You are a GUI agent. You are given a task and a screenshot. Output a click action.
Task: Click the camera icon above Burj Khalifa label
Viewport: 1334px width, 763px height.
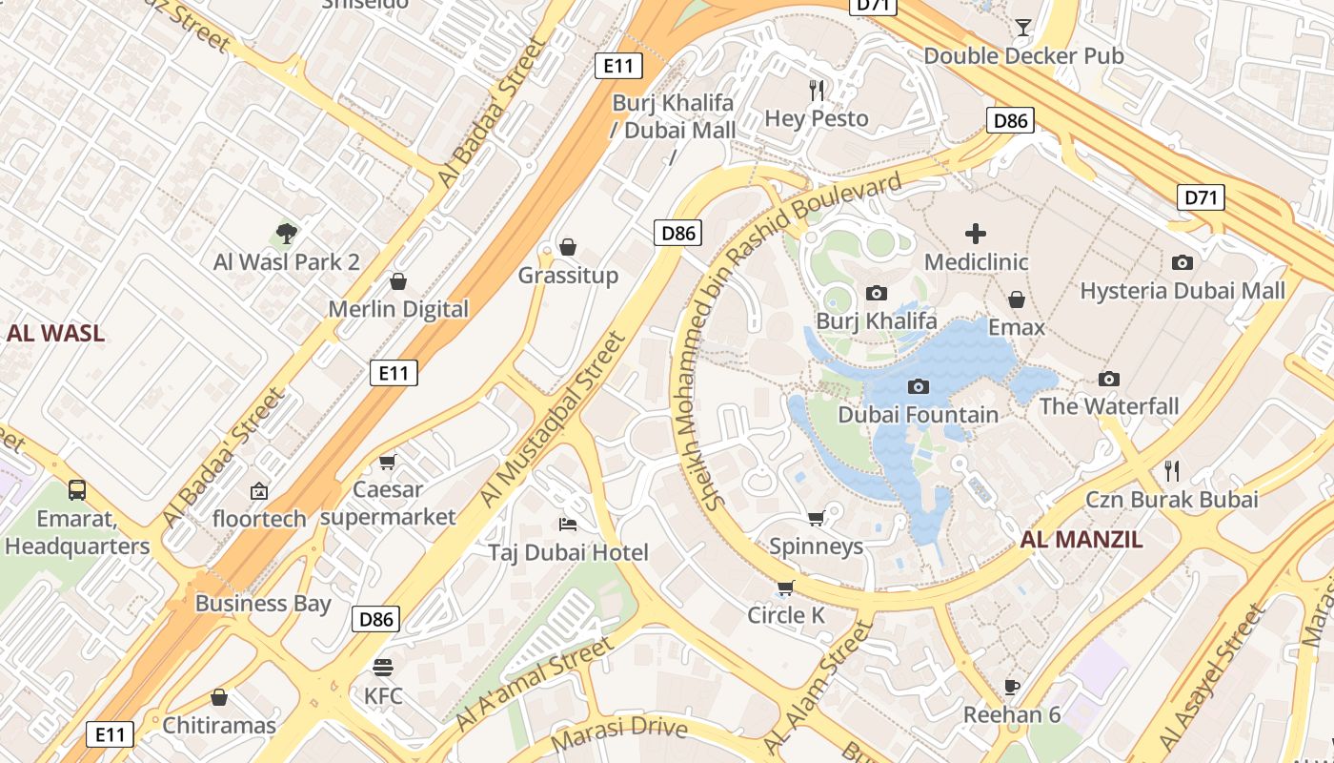(x=876, y=293)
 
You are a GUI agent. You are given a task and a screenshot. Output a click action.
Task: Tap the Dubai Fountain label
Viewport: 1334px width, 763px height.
(x=919, y=415)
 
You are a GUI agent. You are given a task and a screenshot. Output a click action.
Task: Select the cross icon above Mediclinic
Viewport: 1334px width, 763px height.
(x=976, y=233)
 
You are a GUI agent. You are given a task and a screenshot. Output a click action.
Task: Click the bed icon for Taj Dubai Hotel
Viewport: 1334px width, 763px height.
(x=568, y=525)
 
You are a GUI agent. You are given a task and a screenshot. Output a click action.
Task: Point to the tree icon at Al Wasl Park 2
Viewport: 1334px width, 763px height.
(x=286, y=233)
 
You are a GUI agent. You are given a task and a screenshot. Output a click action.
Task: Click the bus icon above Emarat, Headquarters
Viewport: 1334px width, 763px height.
(x=77, y=490)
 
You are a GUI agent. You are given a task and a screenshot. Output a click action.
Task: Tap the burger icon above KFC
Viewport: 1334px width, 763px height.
(x=383, y=667)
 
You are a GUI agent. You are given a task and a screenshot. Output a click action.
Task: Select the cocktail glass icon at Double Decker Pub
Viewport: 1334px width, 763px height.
(x=1023, y=27)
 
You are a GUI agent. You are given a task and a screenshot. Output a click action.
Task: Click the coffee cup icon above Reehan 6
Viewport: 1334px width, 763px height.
(x=1012, y=687)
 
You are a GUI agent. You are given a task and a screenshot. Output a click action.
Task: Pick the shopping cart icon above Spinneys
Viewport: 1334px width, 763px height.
(x=816, y=518)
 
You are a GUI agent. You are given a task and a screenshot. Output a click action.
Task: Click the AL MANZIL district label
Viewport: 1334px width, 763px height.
(x=1081, y=540)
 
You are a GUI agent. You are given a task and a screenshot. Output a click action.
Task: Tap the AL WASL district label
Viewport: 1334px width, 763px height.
(x=55, y=334)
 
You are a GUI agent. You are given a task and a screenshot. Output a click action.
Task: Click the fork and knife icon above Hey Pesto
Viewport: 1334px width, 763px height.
(x=817, y=90)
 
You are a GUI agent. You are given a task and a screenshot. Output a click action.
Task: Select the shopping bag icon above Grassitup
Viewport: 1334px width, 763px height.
(x=568, y=247)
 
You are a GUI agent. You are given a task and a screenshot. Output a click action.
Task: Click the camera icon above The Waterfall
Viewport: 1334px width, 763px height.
(x=1108, y=379)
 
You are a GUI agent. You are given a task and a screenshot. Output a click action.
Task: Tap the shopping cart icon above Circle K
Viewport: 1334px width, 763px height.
(x=785, y=588)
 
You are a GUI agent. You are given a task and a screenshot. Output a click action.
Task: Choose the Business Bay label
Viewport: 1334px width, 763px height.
(x=263, y=604)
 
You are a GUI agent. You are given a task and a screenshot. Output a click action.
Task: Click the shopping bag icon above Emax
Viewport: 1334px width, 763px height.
(x=1017, y=299)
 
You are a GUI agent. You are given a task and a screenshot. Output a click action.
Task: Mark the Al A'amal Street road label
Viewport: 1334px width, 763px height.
(x=536, y=684)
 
